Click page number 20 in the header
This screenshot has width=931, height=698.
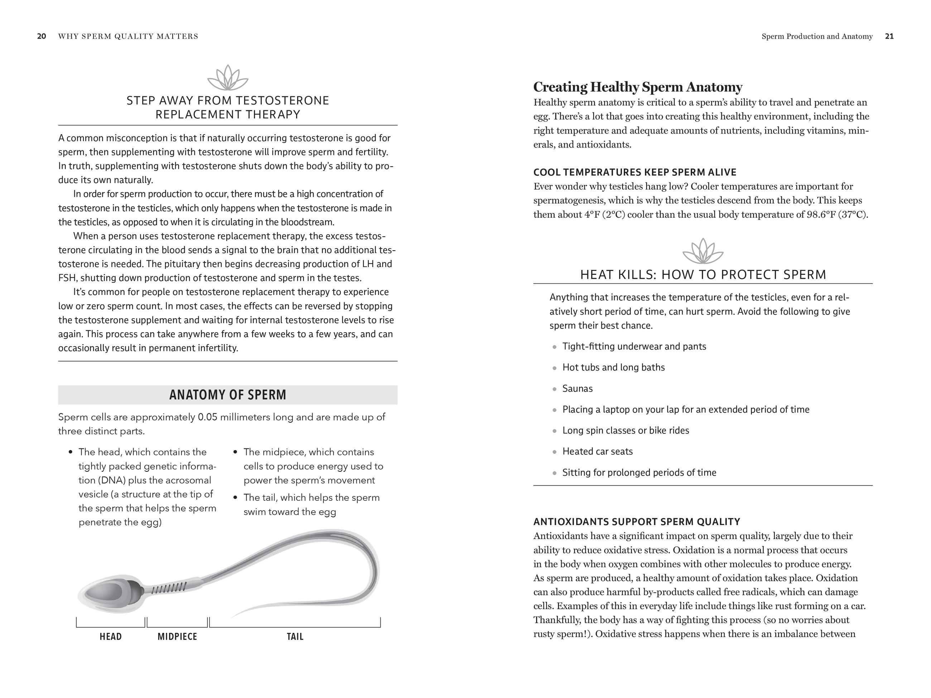pos(42,36)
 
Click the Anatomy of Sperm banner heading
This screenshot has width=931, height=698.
pos(228,395)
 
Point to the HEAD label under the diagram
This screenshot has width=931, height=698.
pos(111,636)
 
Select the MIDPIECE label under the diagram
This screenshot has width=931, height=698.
pos(177,636)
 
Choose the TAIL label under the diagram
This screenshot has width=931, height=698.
pos(295,636)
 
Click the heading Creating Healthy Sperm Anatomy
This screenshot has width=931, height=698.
pos(638,87)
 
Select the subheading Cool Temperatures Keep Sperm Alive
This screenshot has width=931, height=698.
pos(635,173)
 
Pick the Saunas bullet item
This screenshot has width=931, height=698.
pos(578,389)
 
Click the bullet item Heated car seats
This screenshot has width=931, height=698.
pos(598,451)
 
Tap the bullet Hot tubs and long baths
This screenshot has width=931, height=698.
pos(614,367)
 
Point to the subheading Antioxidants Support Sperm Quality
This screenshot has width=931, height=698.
pos(636,522)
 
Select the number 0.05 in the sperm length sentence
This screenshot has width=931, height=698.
pos(207,417)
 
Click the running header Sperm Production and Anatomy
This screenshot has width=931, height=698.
pos(817,36)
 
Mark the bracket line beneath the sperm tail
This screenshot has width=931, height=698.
pos(295,627)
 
